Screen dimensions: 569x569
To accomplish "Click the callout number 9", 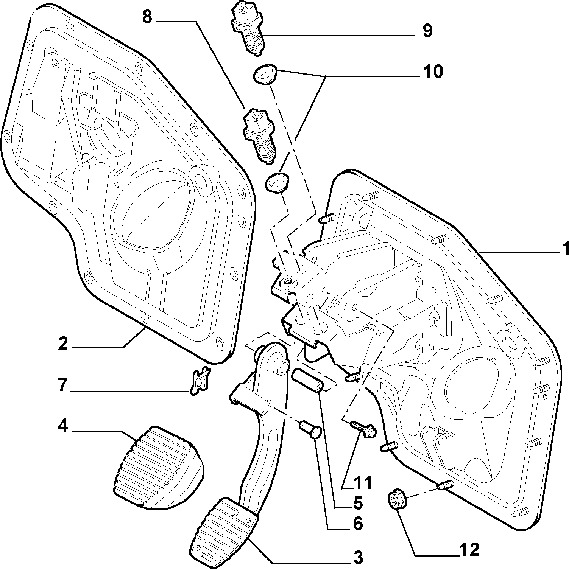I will tap(427, 31).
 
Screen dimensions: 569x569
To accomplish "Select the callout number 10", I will tap(432, 71).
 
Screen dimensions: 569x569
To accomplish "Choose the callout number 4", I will tap(62, 426).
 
